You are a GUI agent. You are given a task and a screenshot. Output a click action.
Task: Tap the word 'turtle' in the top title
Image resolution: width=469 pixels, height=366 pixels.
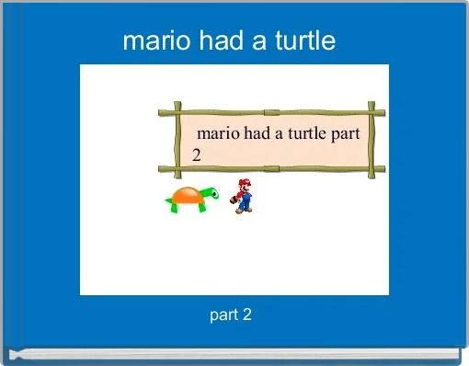click(x=304, y=41)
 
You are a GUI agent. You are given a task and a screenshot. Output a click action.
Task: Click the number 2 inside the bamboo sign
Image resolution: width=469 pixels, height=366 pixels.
click(x=197, y=154)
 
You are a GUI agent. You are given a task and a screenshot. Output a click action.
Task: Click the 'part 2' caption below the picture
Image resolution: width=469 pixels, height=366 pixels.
click(x=231, y=315)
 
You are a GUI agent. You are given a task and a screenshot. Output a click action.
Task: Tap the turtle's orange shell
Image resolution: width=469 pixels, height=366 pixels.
click(x=187, y=195)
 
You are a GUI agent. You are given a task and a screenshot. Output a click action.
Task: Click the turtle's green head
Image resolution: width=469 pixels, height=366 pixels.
click(x=212, y=193)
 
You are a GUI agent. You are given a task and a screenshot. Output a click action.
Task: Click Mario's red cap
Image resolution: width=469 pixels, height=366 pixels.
click(x=244, y=182)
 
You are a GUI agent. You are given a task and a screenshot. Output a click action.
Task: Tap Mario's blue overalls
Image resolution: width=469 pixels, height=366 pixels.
click(x=245, y=201)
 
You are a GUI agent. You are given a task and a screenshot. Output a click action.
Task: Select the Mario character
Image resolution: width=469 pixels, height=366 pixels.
click(x=244, y=196)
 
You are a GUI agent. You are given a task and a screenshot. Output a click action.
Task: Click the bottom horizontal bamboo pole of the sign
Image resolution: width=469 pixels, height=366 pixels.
click(x=276, y=169)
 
